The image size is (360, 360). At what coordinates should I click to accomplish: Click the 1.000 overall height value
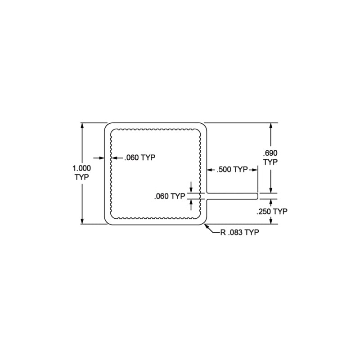click(82, 168)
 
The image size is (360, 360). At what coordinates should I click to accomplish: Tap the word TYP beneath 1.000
click(82, 177)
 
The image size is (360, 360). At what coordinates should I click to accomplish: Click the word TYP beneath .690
click(270, 162)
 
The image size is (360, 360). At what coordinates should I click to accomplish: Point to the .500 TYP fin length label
click(232, 170)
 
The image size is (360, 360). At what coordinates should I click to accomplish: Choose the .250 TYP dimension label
click(271, 211)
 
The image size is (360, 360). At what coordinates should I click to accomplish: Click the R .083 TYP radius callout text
click(240, 232)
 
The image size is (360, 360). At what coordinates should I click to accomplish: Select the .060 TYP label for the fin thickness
click(170, 196)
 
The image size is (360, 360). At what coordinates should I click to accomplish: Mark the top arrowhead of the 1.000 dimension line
click(82, 126)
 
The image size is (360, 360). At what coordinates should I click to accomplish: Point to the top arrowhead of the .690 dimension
click(270, 126)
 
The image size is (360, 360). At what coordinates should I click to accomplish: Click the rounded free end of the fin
click(257, 196)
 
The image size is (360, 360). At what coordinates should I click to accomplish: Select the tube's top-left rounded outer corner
click(108, 126)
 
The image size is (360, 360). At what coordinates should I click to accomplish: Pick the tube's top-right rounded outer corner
click(203, 126)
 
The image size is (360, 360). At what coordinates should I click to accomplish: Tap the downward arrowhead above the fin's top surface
click(191, 190)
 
